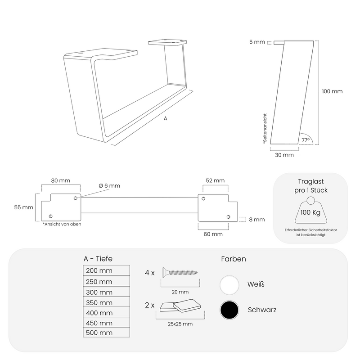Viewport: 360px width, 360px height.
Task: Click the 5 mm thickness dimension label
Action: pyautogui.click(x=257, y=43)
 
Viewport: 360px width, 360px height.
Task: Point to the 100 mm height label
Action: pyautogui.click(x=332, y=91)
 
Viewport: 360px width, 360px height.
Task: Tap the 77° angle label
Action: pyautogui.click(x=306, y=140)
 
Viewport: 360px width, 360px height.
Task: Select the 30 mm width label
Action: pyautogui.click(x=284, y=155)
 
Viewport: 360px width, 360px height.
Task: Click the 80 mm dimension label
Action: pyautogui.click(x=60, y=180)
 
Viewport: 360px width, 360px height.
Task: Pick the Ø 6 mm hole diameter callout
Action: pyautogui.click(x=109, y=186)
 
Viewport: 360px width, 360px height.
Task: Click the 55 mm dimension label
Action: pyautogui.click(x=24, y=207)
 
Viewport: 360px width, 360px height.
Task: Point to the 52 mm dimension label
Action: pyautogui.click(x=215, y=180)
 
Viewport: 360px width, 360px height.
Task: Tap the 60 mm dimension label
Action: pyautogui.click(x=213, y=234)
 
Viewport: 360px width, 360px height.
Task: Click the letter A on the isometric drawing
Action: pyautogui.click(x=165, y=119)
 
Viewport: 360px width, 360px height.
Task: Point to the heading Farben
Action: pyautogui.click(x=234, y=259)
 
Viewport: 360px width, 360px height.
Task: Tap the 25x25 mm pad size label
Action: pyautogui.click(x=180, y=324)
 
